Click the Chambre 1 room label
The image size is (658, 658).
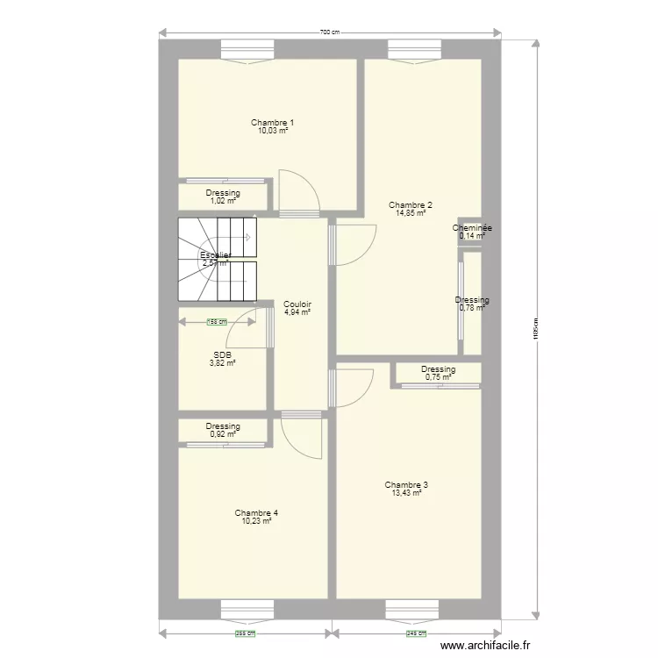pos(272,122)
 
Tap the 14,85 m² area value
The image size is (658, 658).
pos(411,213)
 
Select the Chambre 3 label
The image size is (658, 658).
pos(406,484)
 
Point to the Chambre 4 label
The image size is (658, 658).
pos(256,512)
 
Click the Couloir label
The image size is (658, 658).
pos(297,304)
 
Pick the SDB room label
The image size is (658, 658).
pos(221,355)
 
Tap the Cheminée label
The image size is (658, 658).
pos(471,228)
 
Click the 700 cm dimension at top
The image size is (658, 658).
pos(329,32)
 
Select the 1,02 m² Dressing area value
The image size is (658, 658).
pos(223,201)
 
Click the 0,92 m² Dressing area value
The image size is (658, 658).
pos(223,434)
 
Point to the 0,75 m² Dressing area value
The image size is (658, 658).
pos(438,377)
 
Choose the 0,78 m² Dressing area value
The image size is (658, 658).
pos(472,308)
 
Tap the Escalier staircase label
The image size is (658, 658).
pos(215,254)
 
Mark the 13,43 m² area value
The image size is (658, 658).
pos(406,493)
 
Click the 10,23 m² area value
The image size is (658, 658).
pos(256,521)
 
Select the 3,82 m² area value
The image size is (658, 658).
pos(221,363)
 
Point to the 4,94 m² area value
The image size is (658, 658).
pos(297,311)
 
